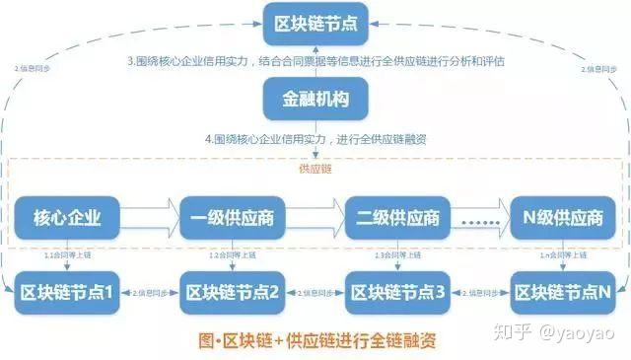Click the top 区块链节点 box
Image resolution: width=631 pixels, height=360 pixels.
click(x=315, y=21)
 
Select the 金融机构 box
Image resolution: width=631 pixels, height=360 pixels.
click(x=315, y=100)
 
